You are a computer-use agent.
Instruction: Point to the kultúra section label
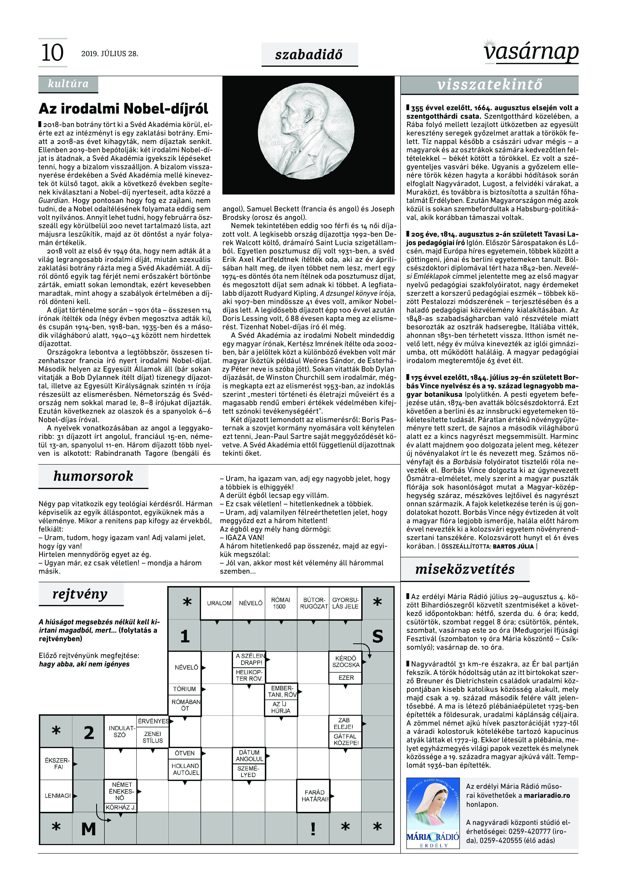(x=68, y=84)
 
